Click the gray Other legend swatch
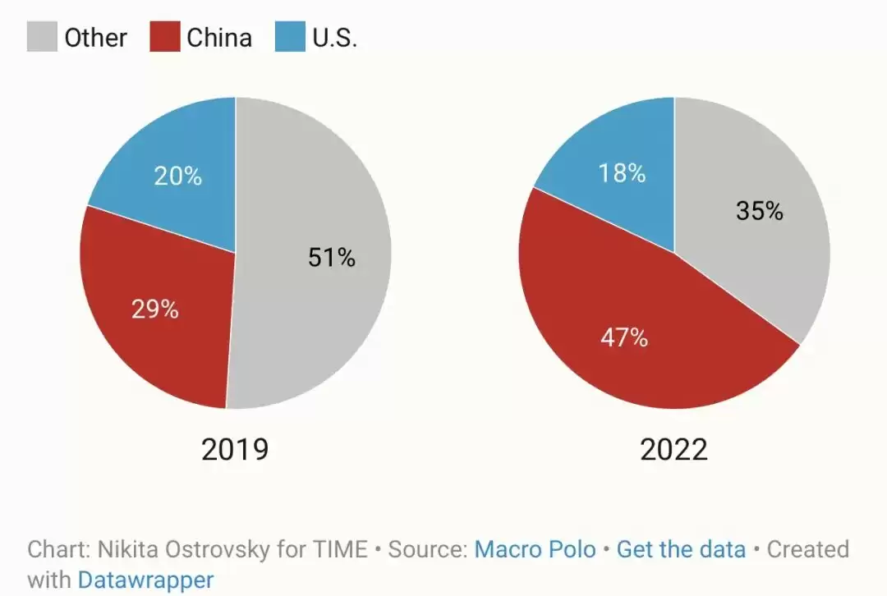tap(42, 37)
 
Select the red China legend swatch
tap(165, 37)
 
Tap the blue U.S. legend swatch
tap(290, 37)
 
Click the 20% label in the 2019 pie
tap(177, 176)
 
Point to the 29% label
tap(155, 309)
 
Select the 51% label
tap(332, 257)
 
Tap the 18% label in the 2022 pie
tap(622, 173)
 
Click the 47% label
tap(624, 337)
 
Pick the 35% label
tap(760, 211)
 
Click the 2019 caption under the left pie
tap(235, 450)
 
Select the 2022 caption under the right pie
tap(673, 450)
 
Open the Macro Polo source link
tap(535, 549)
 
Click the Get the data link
tap(681, 549)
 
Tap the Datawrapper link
tap(146, 580)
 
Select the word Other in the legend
tap(95, 38)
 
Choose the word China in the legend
tap(219, 38)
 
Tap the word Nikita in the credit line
tap(126, 549)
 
